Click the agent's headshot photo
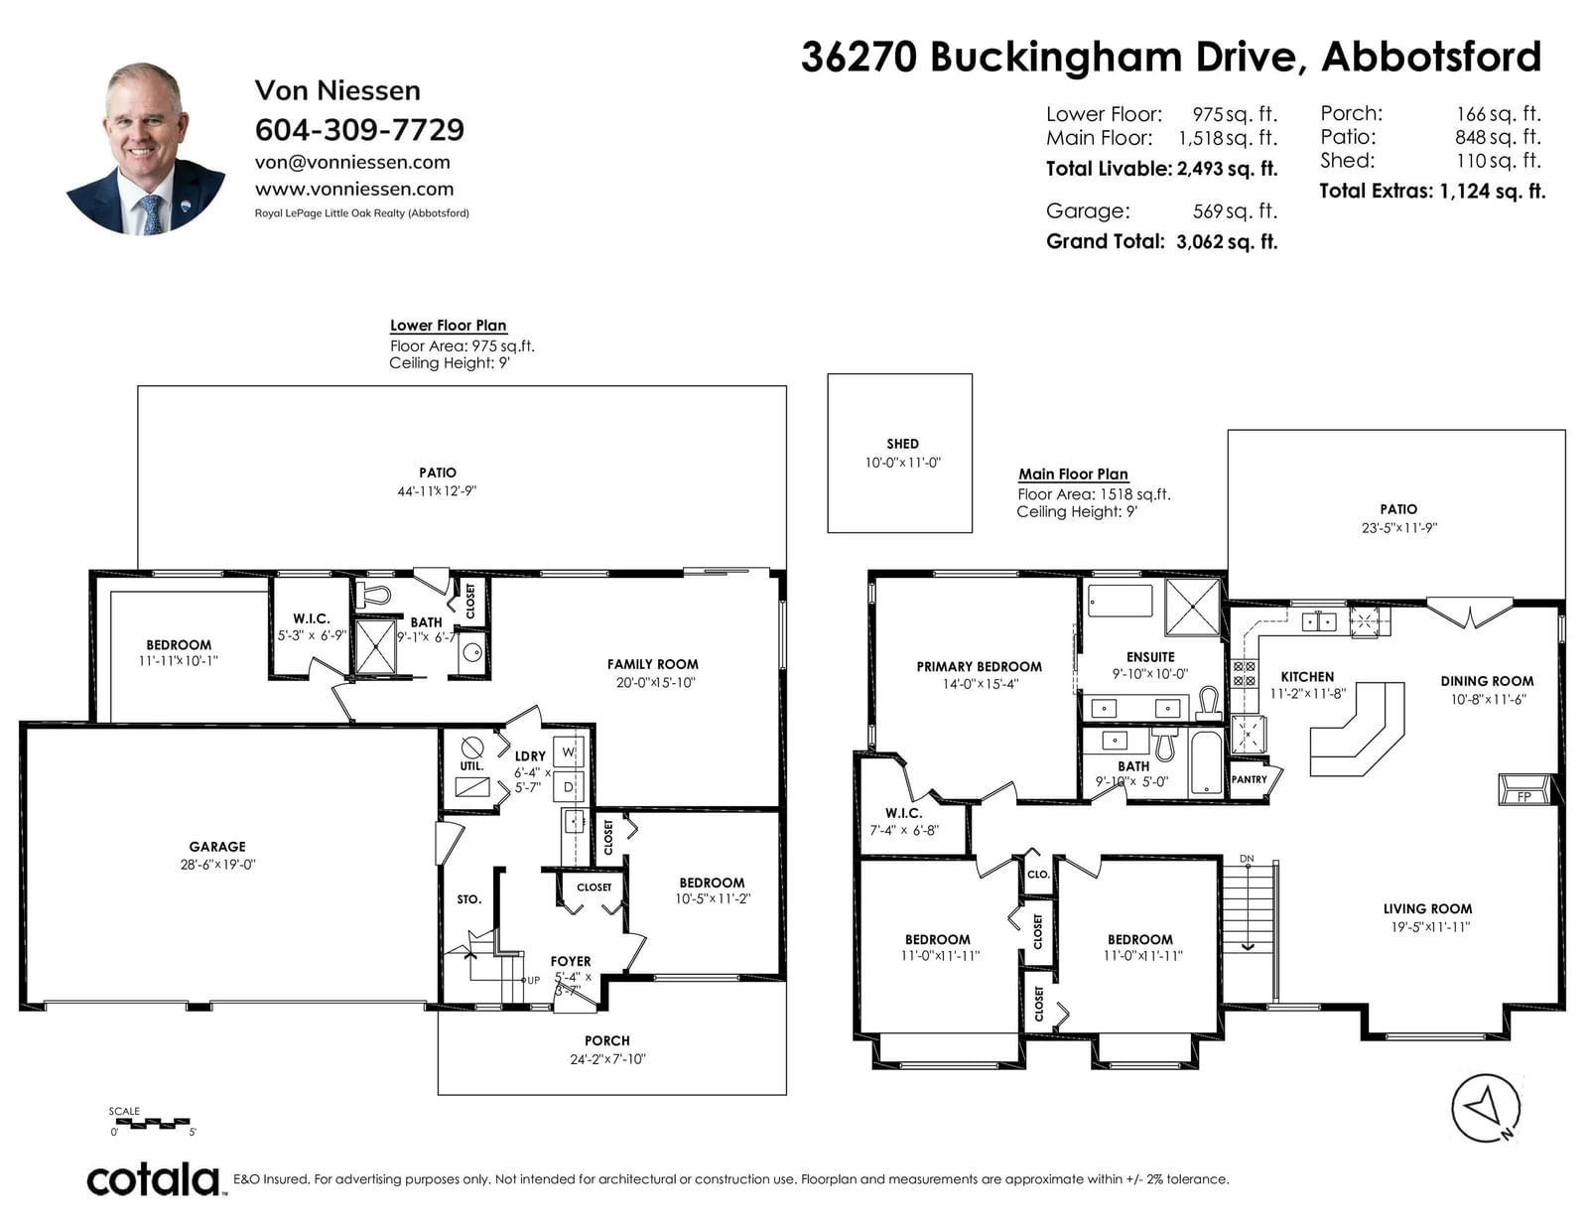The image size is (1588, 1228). click(146, 148)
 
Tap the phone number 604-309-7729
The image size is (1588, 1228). click(359, 130)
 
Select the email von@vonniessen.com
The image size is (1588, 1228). click(352, 162)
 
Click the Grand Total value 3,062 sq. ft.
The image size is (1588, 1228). click(1227, 242)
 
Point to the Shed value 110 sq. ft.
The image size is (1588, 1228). click(1498, 160)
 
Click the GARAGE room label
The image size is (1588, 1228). click(217, 847)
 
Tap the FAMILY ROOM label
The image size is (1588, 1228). click(653, 664)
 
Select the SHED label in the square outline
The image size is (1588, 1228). click(902, 444)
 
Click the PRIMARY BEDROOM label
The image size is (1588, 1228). click(980, 667)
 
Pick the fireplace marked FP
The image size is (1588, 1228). click(1524, 789)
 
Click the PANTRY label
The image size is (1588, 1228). click(1249, 780)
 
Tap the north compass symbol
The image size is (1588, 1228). click(1487, 1109)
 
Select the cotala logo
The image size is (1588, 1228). click(154, 1179)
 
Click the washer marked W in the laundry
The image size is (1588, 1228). click(569, 752)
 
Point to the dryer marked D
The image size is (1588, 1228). click(569, 787)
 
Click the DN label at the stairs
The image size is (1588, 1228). click(1247, 858)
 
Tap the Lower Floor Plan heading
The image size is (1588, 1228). click(448, 326)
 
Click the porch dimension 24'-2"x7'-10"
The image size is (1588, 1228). click(608, 1059)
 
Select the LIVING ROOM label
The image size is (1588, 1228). click(1427, 908)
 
